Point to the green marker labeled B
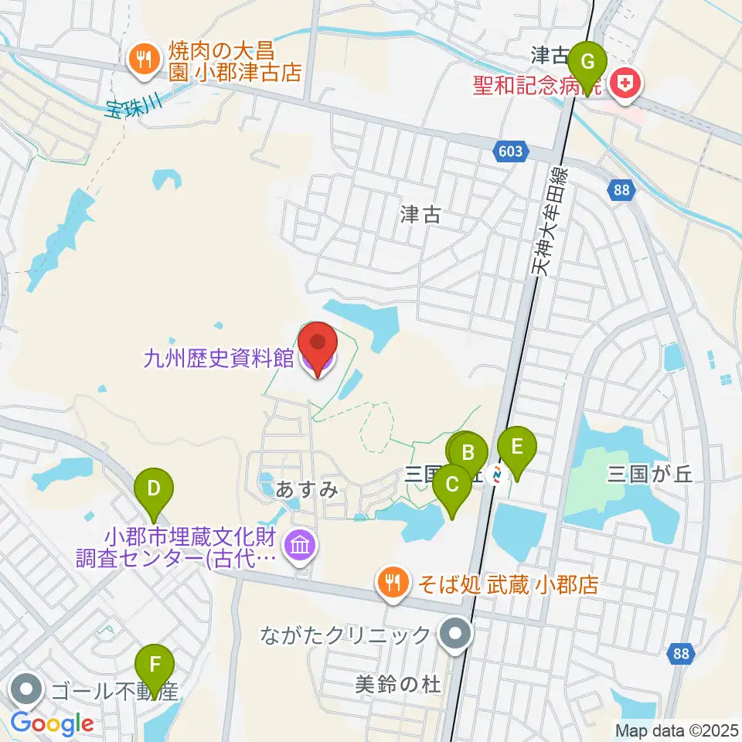468,453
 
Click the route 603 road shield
511,151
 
